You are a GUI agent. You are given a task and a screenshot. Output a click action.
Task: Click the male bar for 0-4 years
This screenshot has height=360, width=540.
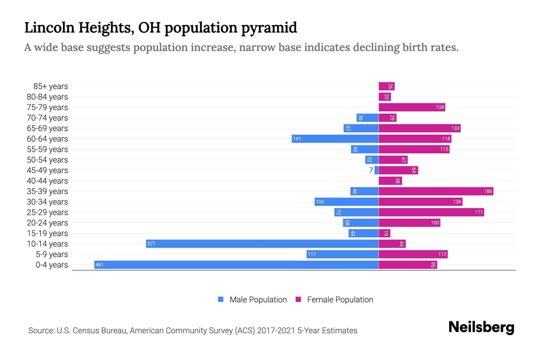pyautogui.click(x=236, y=265)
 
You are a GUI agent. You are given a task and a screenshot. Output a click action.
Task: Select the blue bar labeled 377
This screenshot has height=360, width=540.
pyautogui.click(x=262, y=244)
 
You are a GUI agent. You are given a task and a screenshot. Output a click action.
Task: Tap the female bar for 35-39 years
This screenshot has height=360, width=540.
pyautogui.click(x=436, y=191)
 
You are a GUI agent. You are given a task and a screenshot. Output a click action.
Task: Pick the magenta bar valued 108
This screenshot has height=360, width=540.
pyautogui.click(x=412, y=107)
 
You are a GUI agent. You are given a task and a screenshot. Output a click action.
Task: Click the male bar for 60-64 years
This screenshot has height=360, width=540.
pyautogui.click(x=335, y=139)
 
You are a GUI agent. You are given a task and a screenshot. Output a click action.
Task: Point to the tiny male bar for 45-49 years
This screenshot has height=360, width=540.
pyautogui.click(x=376, y=170)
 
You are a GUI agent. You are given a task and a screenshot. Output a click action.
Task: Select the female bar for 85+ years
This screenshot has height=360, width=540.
pyautogui.click(x=386, y=86)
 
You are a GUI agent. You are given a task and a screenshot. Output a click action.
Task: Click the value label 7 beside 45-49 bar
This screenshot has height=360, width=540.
pyautogui.click(x=371, y=170)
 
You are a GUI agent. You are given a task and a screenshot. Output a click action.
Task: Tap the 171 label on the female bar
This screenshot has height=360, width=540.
pyautogui.click(x=478, y=212)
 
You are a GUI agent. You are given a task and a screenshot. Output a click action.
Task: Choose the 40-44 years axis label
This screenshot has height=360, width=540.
pyautogui.click(x=47, y=181)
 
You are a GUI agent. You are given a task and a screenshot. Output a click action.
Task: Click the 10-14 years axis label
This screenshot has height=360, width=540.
pyautogui.click(x=47, y=244)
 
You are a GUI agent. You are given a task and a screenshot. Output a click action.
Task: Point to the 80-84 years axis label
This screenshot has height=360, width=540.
pyautogui.click(x=47, y=97)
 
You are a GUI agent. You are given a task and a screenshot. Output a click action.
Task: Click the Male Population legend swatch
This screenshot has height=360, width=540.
pyautogui.click(x=221, y=299)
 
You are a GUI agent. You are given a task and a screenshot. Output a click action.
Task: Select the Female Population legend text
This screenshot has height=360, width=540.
pyautogui.click(x=340, y=300)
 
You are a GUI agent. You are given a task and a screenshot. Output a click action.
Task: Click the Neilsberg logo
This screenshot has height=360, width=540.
pyautogui.click(x=481, y=327)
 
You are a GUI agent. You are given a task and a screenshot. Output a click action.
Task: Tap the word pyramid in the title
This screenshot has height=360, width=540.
pyautogui.click(x=269, y=28)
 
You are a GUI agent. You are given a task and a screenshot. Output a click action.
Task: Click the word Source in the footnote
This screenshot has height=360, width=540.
pyautogui.click(x=41, y=331)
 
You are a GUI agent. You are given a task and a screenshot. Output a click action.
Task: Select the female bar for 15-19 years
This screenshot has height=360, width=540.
pyautogui.click(x=384, y=233)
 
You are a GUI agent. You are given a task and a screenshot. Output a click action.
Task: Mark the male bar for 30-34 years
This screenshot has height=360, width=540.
pyautogui.click(x=346, y=202)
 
